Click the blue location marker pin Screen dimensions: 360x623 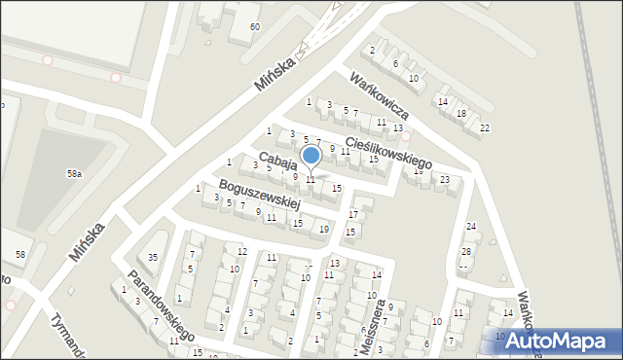[x=311, y=157]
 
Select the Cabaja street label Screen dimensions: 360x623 [x=277, y=160]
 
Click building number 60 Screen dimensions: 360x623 [x=254, y=26]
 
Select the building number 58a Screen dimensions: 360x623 [x=74, y=173]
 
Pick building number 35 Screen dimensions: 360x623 [x=153, y=257]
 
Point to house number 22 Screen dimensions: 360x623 [x=485, y=128]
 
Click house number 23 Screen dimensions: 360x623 [x=445, y=180]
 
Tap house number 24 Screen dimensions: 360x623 [x=471, y=226]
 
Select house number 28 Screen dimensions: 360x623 [x=466, y=252]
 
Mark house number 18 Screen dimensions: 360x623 [x=461, y=114]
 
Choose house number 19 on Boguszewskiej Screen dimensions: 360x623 [x=324, y=229]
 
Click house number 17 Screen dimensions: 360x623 [x=353, y=214]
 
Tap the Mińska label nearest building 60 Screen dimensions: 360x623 [x=275, y=73]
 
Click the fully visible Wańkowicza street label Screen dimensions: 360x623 [x=380, y=95]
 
